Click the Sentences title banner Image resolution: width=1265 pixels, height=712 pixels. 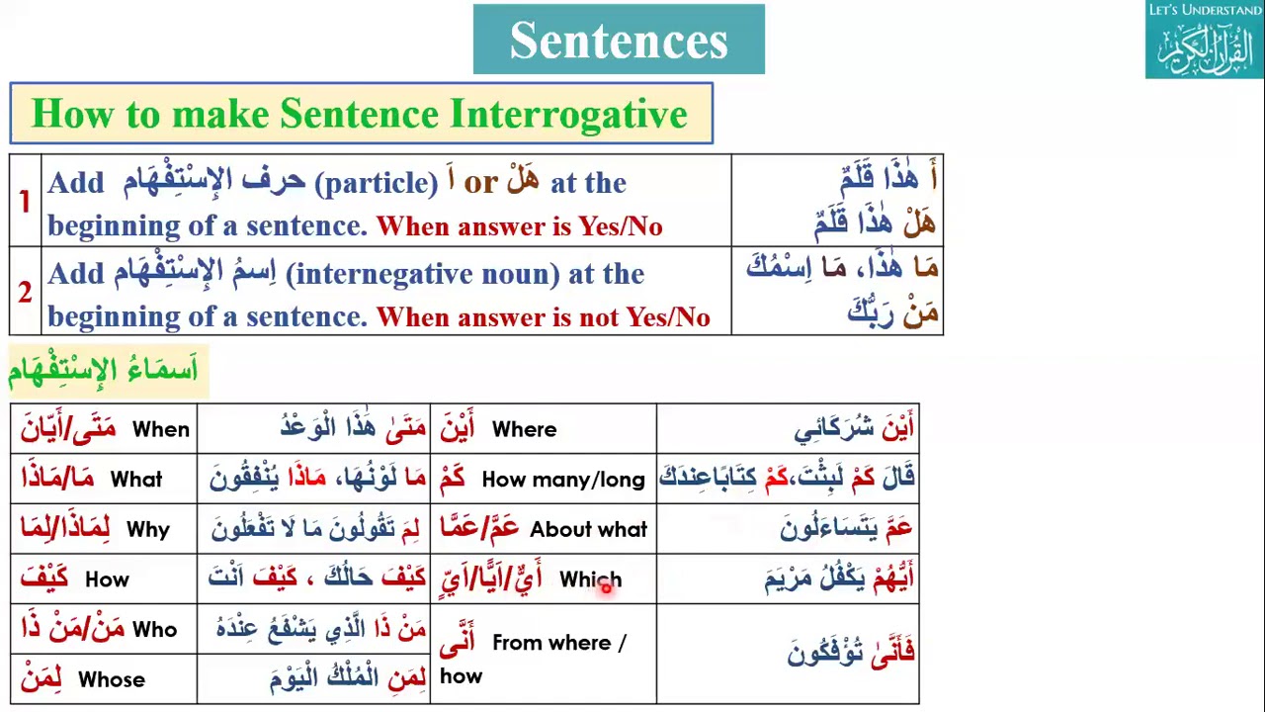point(619,40)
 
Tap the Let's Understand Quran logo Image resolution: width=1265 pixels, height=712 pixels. point(1205,41)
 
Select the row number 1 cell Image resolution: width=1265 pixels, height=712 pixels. point(25,202)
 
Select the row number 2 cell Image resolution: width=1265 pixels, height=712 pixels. point(25,292)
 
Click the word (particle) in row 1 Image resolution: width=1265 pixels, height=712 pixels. point(376,183)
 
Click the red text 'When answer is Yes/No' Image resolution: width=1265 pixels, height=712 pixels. point(519,226)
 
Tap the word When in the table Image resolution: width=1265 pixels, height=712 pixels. point(160,429)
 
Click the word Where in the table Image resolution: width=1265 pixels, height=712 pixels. point(524,429)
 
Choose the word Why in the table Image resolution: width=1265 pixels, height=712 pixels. point(148,530)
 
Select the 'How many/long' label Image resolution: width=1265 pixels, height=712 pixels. point(562,480)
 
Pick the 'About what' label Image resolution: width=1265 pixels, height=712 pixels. point(588,530)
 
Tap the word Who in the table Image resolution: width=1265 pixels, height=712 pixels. point(154,630)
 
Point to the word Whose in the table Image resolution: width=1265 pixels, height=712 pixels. point(112,680)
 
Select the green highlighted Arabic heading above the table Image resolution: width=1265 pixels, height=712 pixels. point(103,370)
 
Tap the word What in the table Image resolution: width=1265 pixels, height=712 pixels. point(136,480)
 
